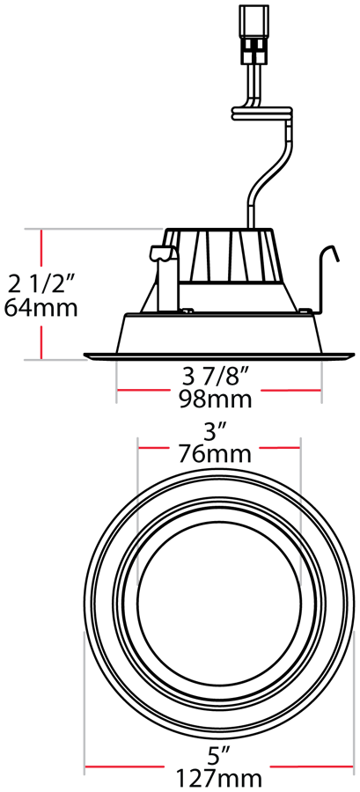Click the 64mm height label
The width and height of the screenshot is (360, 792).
click(40, 308)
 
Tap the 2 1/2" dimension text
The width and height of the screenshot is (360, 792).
click(42, 283)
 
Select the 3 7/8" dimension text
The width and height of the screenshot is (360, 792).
click(217, 376)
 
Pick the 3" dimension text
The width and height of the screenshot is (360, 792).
click(217, 431)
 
